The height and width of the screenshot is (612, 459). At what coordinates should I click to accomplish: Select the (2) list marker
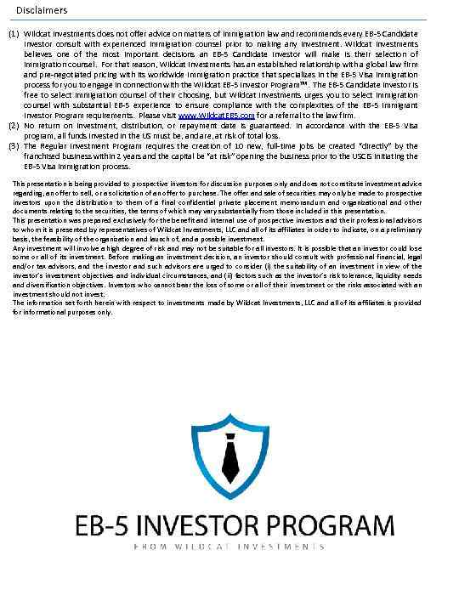tap(13, 124)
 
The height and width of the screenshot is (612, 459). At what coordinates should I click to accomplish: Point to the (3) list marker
tap(13, 145)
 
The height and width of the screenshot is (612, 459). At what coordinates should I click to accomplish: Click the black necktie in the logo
tap(229, 459)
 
